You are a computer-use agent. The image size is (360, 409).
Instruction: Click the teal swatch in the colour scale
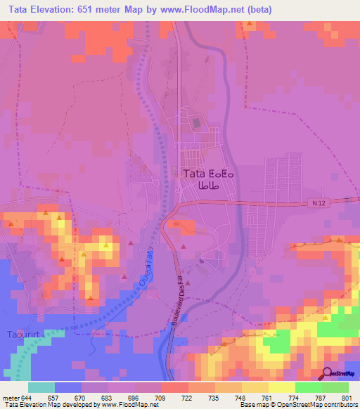(x=41, y=388)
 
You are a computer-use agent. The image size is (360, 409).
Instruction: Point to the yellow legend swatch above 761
(x=255, y=388)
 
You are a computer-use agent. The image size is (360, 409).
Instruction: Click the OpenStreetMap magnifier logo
(x=327, y=373)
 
